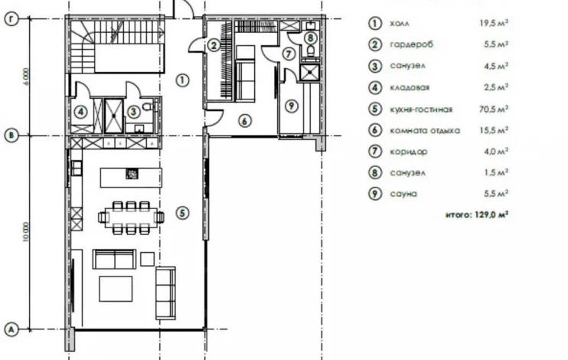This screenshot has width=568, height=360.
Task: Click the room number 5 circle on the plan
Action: click(x=182, y=213)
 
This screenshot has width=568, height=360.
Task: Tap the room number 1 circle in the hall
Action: click(x=182, y=80)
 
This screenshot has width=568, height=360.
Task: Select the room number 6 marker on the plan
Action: click(x=245, y=121)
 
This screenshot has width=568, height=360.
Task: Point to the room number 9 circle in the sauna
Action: click(x=291, y=106)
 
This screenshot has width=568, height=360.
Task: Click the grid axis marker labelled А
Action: click(x=11, y=330)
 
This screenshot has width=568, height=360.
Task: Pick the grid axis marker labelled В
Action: click(x=11, y=136)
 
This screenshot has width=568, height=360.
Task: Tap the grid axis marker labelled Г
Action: click(x=11, y=19)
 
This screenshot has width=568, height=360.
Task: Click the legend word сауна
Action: click(x=403, y=194)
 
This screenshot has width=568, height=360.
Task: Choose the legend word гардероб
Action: click(x=411, y=44)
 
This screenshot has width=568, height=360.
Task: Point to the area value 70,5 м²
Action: click(x=494, y=109)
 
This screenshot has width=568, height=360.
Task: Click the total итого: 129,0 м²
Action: click(x=477, y=214)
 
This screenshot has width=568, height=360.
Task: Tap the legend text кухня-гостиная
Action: click(x=421, y=109)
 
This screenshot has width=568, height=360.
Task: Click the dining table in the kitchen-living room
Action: click(x=131, y=218)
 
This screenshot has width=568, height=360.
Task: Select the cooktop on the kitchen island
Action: click(x=132, y=174)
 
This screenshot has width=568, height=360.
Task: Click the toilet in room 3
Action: click(x=149, y=107)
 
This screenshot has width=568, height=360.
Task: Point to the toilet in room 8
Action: click(x=311, y=50)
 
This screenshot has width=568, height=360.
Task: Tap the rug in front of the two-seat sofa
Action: click(x=116, y=289)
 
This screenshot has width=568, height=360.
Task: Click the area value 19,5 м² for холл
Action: click(x=494, y=23)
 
